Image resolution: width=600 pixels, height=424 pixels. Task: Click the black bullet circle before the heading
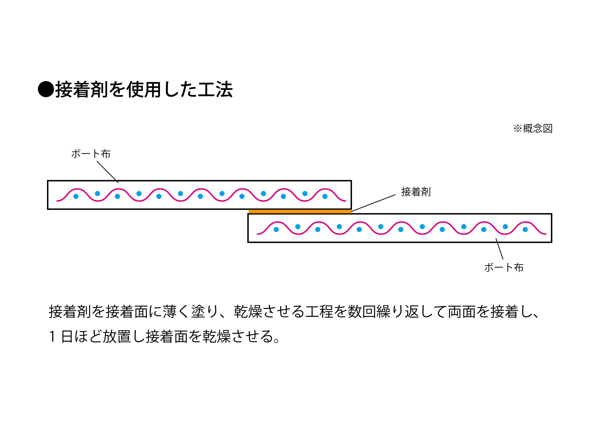click(46, 89)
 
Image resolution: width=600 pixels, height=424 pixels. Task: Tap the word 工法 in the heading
click(215, 89)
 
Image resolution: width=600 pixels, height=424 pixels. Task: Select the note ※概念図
click(533, 129)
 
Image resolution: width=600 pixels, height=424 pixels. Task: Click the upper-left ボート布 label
click(91, 154)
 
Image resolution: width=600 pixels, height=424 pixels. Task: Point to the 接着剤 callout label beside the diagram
click(416, 192)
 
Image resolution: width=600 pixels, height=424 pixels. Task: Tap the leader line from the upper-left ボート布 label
click(108, 172)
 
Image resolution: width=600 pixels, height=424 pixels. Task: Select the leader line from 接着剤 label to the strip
click(373, 203)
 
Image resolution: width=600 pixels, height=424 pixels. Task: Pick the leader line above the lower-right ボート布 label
click(499, 249)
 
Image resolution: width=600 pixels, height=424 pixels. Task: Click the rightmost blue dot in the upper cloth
click(325, 196)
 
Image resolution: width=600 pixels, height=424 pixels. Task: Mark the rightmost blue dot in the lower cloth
click(525, 230)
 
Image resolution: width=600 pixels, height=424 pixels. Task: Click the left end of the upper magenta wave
click(57, 201)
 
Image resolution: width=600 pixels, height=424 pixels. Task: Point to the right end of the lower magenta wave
click(546, 234)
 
